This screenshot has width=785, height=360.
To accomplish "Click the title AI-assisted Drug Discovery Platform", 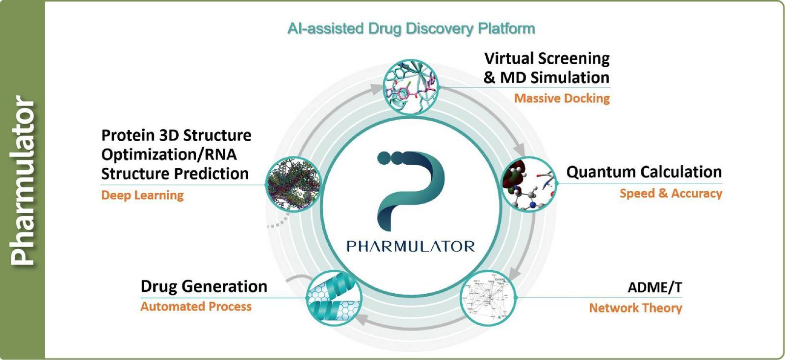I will click(x=411, y=28).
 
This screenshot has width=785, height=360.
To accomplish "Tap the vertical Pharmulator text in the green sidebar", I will click(x=23, y=180).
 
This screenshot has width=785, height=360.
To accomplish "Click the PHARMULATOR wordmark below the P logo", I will click(x=411, y=246).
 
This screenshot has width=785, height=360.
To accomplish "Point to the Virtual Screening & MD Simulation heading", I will click(x=547, y=68).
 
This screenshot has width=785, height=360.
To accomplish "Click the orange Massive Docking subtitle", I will click(x=562, y=99).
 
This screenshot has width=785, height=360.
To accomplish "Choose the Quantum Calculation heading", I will click(x=644, y=172).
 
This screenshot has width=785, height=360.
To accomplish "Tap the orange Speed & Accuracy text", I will click(x=671, y=193).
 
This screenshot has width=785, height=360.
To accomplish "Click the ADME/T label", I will click(x=654, y=287).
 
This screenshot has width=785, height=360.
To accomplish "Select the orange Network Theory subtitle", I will click(x=635, y=308).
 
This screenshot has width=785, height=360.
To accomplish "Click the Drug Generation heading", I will click(x=204, y=286).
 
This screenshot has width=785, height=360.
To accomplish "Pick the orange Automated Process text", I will click(x=196, y=307).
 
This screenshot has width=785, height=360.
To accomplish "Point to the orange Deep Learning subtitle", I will click(x=142, y=195).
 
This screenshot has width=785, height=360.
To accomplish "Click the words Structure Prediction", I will click(x=175, y=174).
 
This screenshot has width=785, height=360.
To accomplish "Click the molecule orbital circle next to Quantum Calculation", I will click(x=529, y=183).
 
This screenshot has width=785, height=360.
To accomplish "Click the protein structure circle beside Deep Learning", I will click(x=293, y=183).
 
